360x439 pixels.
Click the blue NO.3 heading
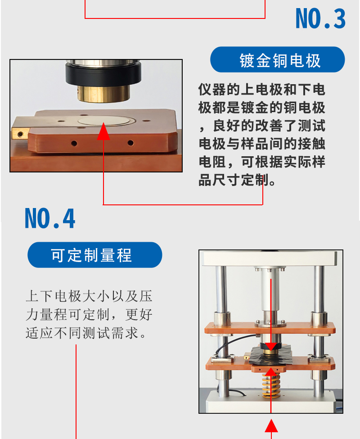point(320,19)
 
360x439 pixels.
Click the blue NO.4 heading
point(50,218)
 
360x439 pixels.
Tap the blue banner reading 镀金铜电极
point(278,59)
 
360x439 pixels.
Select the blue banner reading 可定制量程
point(95,255)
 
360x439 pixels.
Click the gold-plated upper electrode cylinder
point(104,94)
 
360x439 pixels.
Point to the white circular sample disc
point(104,121)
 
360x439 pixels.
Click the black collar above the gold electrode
point(103,74)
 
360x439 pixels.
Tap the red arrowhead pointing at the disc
point(103,131)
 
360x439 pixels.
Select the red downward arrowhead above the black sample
point(271,346)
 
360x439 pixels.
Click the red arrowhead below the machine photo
point(271,425)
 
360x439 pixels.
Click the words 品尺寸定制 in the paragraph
point(234,180)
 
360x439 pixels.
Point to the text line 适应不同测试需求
point(82,333)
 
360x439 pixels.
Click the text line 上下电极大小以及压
point(89,296)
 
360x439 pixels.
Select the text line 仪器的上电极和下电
point(261,90)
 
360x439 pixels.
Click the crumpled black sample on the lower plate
point(270,356)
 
